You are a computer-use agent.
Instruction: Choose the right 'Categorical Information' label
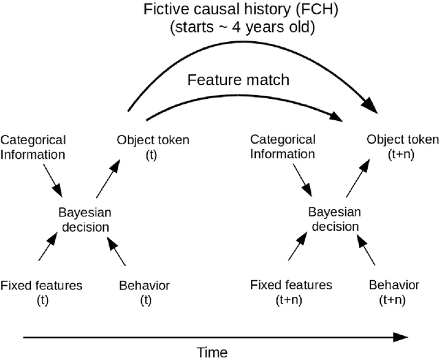tap(283, 146)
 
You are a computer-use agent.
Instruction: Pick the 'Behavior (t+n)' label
tap(393, 291)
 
